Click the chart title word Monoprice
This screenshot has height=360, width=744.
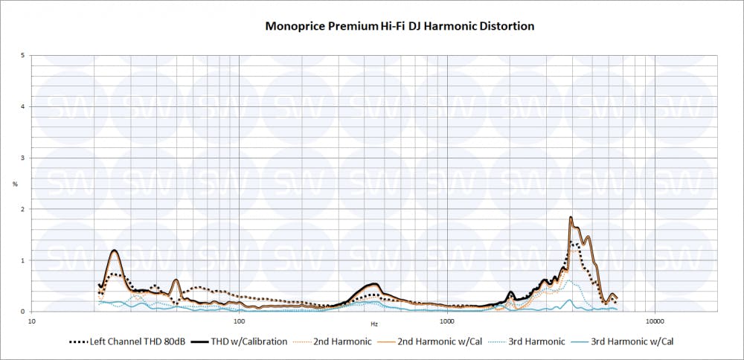coord(295,26)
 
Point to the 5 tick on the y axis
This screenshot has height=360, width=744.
coord(24,55)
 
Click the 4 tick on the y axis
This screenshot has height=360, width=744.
coord(24,106)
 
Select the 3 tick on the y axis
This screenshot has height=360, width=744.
coord(24,158)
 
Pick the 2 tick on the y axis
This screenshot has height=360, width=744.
coord(24,209)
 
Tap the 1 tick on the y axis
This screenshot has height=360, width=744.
coord(24,260)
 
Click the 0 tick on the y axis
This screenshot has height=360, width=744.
coord(24,312)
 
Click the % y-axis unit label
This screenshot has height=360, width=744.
coord(15,184)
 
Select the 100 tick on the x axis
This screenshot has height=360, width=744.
coord(240,321)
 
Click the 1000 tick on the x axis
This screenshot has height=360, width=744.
coord(447,321)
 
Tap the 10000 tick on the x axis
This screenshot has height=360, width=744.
coord(655,321)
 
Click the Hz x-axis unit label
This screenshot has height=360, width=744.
coord(374,325)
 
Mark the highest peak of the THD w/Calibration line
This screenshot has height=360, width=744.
coord(570,217)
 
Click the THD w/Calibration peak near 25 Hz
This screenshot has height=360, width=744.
coord(115,250)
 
